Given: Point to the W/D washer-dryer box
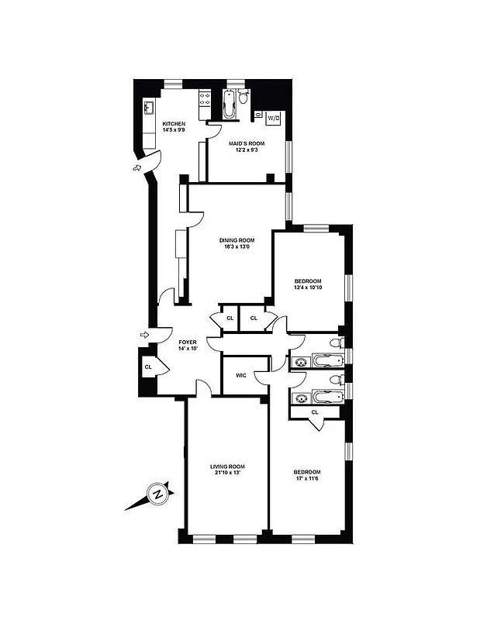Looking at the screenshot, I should click(x=272, y=119).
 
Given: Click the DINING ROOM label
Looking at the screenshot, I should click(x=237, y=240).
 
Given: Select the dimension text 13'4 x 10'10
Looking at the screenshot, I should click(x=308, y=288).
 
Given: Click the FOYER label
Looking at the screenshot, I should click(x=188, y=342).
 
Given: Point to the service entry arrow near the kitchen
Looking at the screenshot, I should click(x=137, y=167).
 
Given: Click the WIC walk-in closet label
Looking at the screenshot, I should click(x=240, y=376).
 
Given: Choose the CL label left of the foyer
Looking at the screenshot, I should click(x=147, y=367).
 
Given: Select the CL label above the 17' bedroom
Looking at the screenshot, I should click(x=314, y=412).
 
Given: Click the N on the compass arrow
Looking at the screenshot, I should click(x=157, y=494).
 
